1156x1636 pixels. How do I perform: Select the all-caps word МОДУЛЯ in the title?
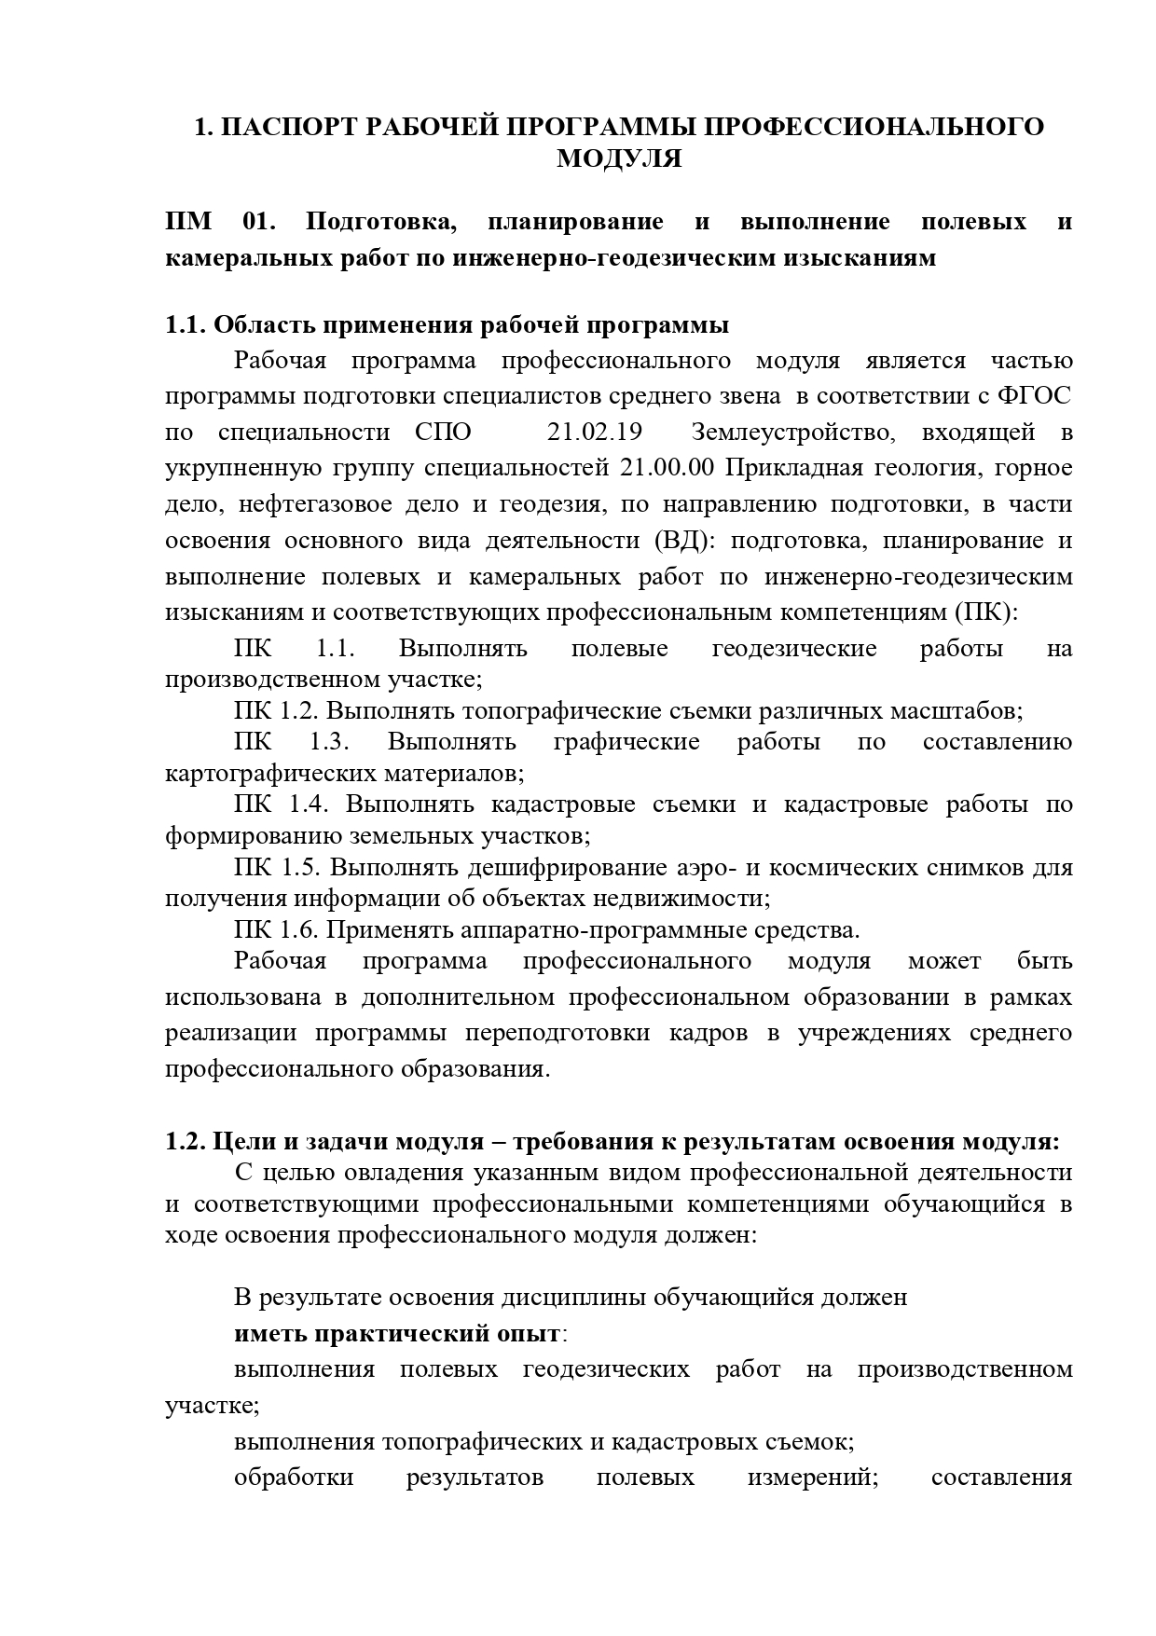pos(619,159)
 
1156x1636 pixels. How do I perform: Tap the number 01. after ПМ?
pos(260,222)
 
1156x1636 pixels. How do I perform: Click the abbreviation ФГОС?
pos(1035,396)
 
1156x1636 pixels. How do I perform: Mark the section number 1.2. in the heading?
pos(185,1141)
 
